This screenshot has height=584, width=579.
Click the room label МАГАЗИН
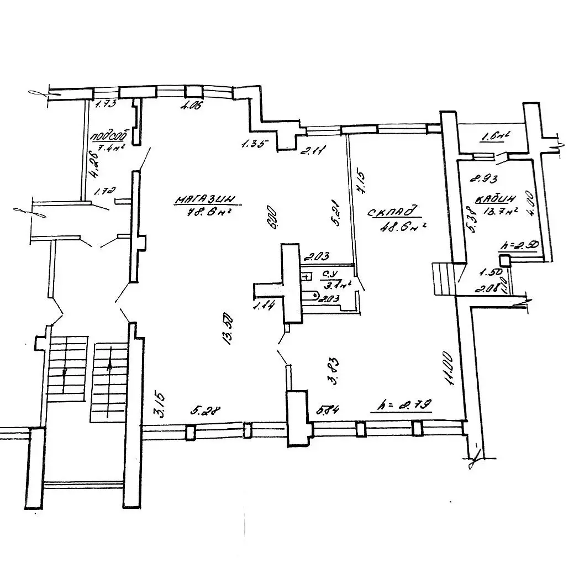tap(206, 200)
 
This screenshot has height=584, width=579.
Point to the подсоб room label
tap(109, 135)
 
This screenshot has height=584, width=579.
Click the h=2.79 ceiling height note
tap(405, 405)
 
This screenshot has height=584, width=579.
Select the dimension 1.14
tap(265, 306)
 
